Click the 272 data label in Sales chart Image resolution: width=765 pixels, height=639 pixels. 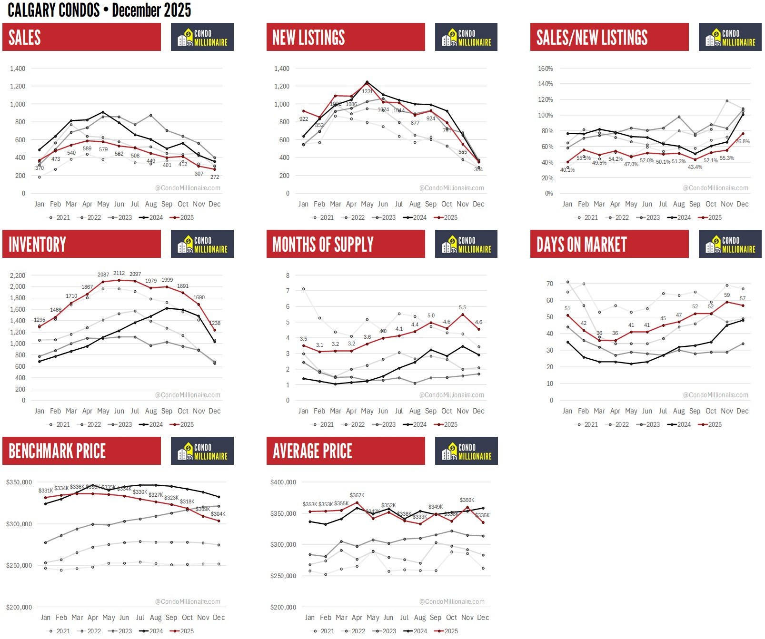[x=215, y=177]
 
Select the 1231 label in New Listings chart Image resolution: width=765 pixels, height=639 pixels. [x=367, y=91]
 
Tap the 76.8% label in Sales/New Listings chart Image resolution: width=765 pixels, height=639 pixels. [x=743, y=141]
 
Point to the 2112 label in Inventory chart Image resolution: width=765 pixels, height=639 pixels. [x=119, y=274]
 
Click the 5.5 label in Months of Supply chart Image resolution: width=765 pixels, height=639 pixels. [x=462, y=308]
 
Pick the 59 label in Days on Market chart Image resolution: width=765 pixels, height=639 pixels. [x=727, y=295]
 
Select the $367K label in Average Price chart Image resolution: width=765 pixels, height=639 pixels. [x=357, y=495]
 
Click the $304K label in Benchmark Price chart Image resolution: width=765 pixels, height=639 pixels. [x=218, y=514]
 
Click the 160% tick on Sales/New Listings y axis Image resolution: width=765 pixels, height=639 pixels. [x=545, y=69]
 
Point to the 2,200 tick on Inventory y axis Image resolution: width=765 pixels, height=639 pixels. [x=17, y=275]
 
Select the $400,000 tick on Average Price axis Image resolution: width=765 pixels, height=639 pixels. [x=283, y=482]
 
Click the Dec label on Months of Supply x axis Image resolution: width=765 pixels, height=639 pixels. [x=478, y=411]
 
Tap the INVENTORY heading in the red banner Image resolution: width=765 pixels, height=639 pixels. [x=37, y=245]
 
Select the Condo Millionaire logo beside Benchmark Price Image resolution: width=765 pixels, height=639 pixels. [x=202, y=451]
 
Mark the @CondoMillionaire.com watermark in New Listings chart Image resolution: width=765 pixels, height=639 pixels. [x=451, y=188]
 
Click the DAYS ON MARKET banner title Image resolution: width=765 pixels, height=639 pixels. [x=581, y=245]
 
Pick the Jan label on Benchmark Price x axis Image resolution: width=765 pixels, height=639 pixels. [x=46, y=617]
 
